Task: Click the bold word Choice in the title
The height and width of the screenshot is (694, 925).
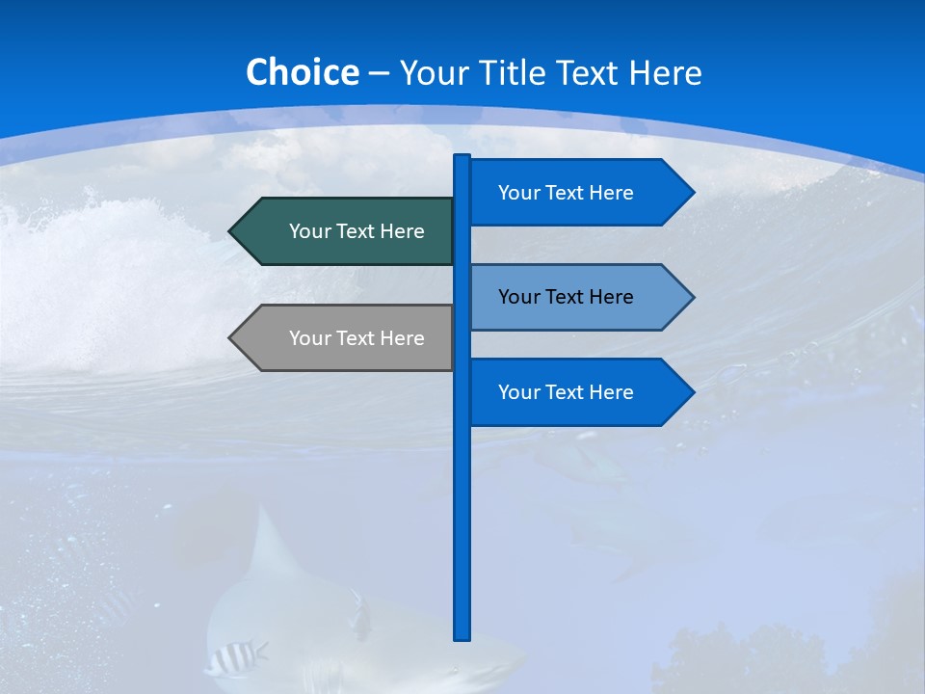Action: [302, 72]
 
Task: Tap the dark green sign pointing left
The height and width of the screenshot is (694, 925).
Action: [347, 231]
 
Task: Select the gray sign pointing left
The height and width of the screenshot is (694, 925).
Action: [347, 338]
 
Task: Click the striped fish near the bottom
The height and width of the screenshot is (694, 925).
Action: [233, 658]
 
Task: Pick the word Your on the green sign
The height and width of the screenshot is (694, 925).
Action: [309, 231]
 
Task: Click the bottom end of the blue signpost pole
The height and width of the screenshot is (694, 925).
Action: [462, 636]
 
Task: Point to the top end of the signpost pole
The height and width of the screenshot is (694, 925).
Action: [462, 157]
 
